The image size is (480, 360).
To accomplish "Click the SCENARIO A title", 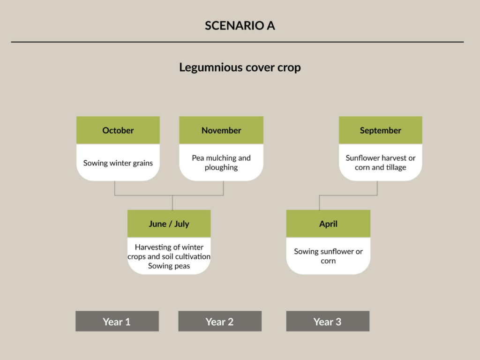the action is click(240, 25).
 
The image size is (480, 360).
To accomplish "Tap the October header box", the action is click(118, 130).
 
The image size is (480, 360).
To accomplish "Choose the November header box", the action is click(221, 130).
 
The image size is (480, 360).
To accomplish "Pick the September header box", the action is click(381, 130).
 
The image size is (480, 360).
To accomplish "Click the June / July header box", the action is click(169, 224).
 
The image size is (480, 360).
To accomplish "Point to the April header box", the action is click(328, 224).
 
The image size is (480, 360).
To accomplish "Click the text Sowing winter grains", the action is click(118, 163).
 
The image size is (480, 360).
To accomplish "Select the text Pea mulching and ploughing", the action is click(221, 163).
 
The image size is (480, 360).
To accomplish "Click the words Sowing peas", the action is click(169, 266).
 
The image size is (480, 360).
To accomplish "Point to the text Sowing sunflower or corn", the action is click(328, 256).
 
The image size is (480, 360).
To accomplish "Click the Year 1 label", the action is click(117, 321).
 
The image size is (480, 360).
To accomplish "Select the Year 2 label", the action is click(220, 321).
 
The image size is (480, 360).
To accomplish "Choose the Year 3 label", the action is click(328, 321).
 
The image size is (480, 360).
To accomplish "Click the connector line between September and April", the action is click(348, 195).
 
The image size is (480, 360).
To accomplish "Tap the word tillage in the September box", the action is click(396, 167).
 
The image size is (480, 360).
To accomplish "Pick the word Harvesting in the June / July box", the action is click(150, 247).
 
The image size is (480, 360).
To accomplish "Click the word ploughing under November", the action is click(221, 167).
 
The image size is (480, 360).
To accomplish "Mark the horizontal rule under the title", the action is click(237, 42).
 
